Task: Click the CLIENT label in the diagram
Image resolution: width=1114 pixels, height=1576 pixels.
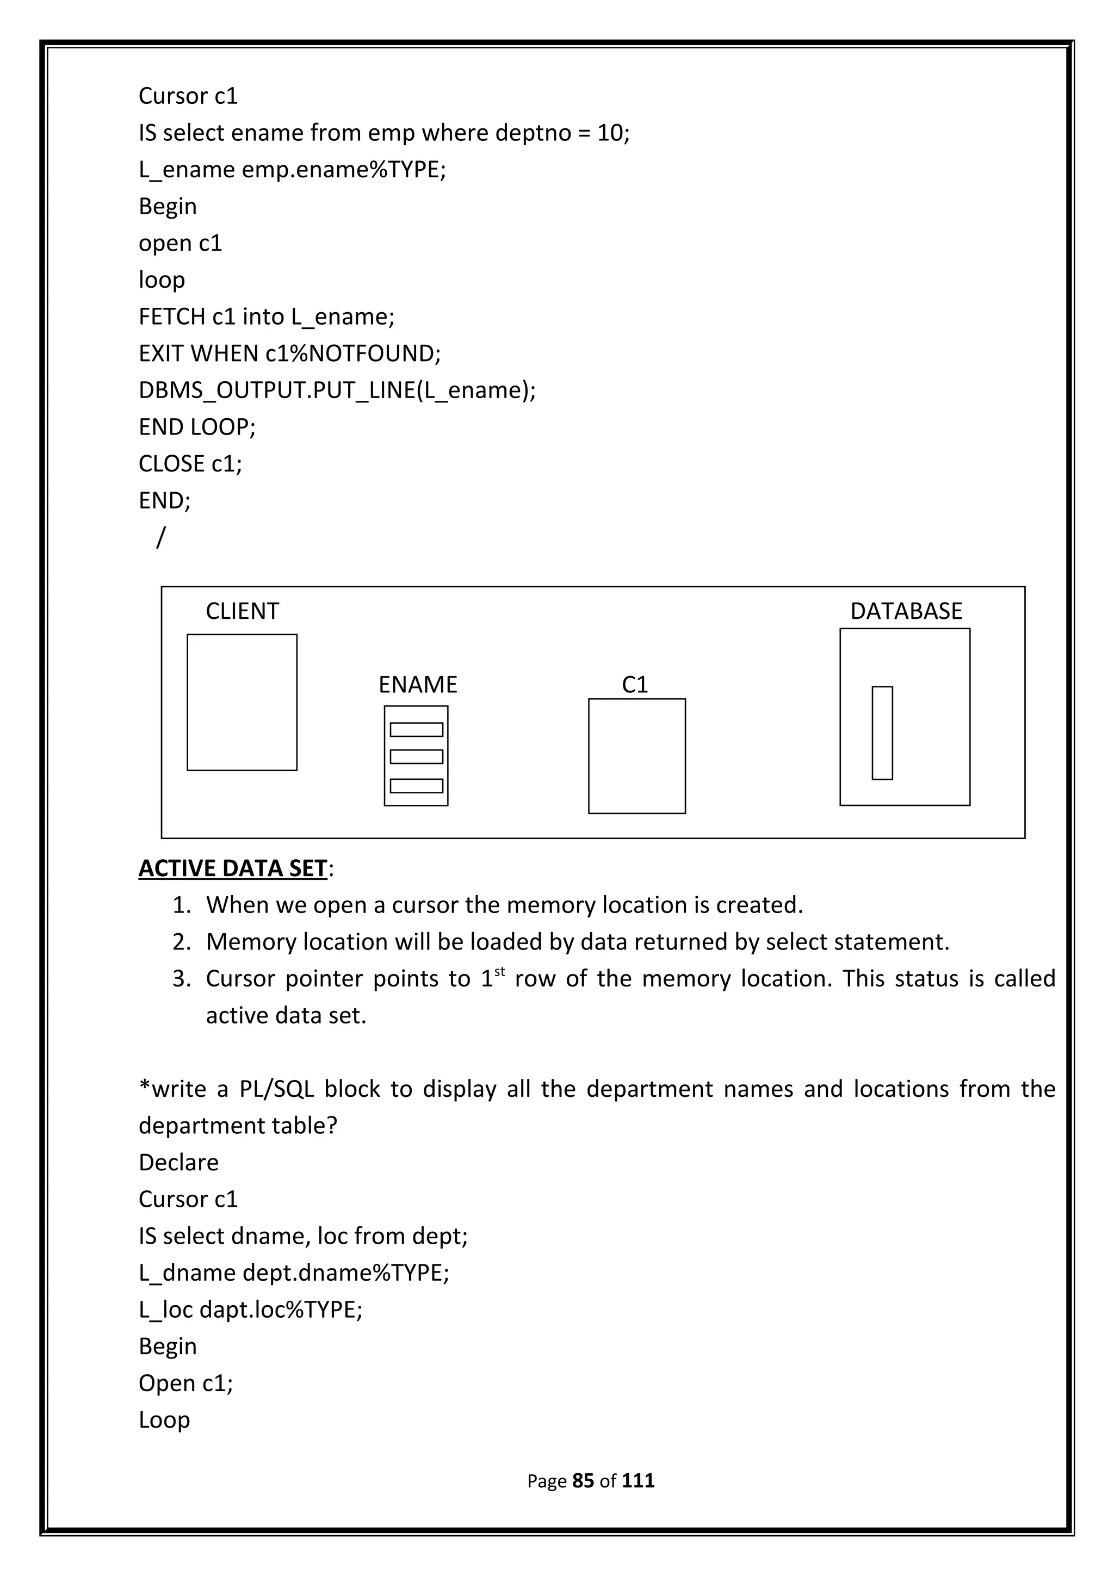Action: pyautogui.click(x=242, y=611)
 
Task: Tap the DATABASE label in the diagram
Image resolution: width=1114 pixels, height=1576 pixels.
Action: pyautogui.click(x=906, y=611)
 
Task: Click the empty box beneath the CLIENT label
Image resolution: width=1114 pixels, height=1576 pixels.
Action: pyautogui.click(x=242, y=702)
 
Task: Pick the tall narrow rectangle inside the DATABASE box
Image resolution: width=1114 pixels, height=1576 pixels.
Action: pyautogui.click(x=882, y=733)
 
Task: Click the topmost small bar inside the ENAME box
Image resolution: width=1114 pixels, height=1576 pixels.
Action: pyautogui.click(x=416, y=730)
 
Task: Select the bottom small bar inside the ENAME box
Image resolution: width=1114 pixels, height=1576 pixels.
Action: pyautogui.click(x=416, y=786)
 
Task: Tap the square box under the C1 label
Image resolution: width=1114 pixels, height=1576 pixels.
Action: pyautogui.click(x=636, y=756)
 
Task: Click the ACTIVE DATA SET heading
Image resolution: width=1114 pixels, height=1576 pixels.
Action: pyautogui.click(x=233, y=868)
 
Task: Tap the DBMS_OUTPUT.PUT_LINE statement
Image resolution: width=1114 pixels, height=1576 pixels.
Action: pyautogui.click(x=336, y=390)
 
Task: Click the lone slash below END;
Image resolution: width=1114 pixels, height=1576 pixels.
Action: pyautogui.click(x=160, y=537)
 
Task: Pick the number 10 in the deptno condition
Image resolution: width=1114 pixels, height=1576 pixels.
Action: pyautogui.click(x=610, y=133)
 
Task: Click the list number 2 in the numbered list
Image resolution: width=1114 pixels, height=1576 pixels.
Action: pyautogui.click(x=181, y=942)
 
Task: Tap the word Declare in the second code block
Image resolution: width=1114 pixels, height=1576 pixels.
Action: pyautogui.click(x=178, y=1162)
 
